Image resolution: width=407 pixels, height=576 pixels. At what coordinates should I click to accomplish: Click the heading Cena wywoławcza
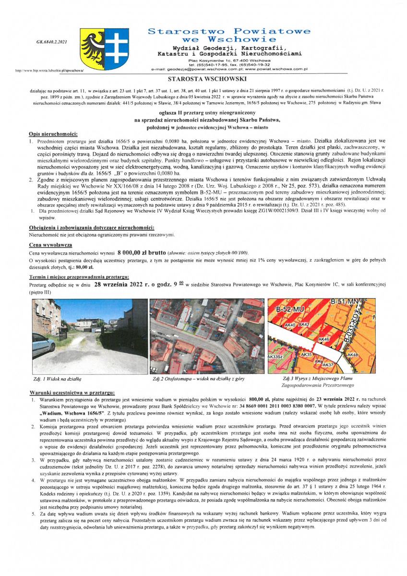[50, 244]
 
